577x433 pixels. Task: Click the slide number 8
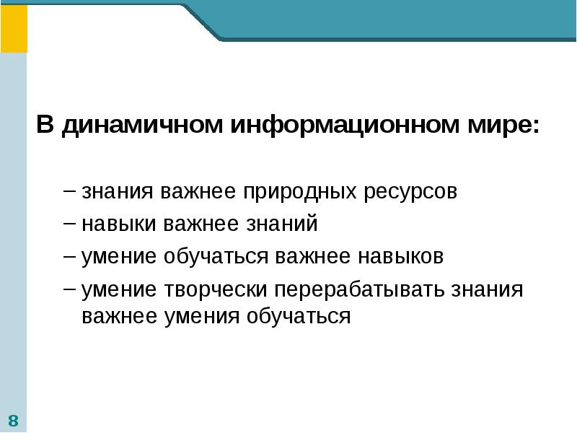(14, 421)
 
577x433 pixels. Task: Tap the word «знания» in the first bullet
(117, 193)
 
